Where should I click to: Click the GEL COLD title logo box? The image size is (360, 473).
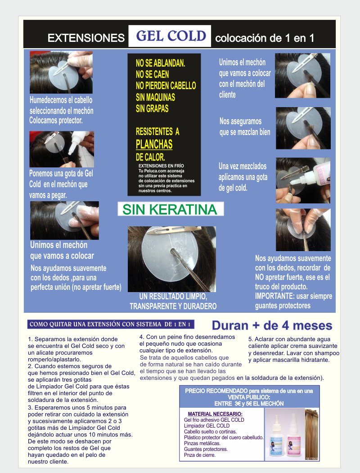click(x=170, y=36)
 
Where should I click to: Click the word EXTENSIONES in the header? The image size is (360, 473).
click(x=86, y=38)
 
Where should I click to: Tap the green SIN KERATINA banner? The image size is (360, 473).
click(x=171, y=209)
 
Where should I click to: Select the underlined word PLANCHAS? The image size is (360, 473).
click(x=154, y=144)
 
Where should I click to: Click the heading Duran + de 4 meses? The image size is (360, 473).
click(x=272, y=325)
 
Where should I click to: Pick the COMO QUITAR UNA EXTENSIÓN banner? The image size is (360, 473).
click(x=111, y=324)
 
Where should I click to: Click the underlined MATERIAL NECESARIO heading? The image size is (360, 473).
click(x=215, y=414)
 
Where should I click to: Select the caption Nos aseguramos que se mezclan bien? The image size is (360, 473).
click(x=245, y=127)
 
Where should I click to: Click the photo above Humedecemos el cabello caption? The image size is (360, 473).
click(x=61, y=72)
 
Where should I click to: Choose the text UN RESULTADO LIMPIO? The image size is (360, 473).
click(x=173, y=297)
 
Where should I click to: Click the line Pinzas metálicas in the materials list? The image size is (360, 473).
click(x=202, y=443)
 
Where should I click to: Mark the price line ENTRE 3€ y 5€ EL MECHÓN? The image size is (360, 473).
click(x=249, y=404)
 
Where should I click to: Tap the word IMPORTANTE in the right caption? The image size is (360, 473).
click(x=274, y=296)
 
